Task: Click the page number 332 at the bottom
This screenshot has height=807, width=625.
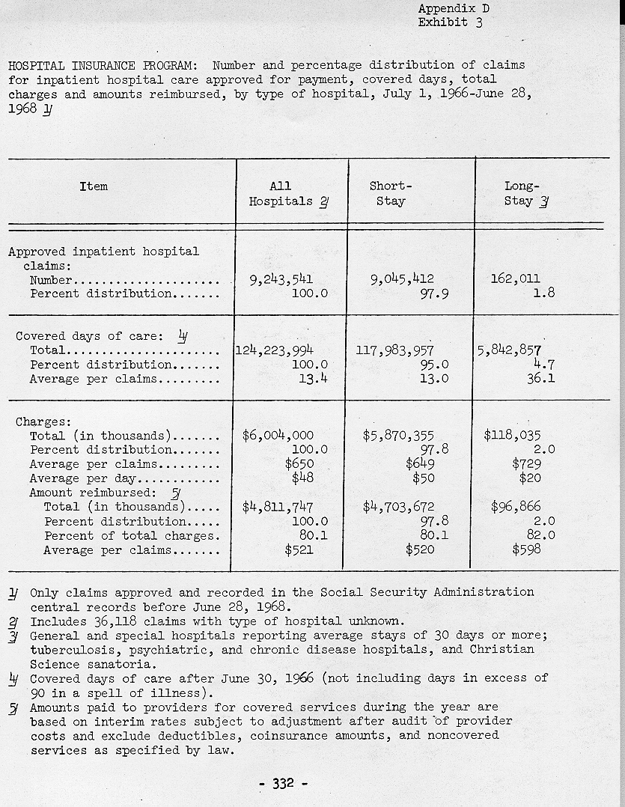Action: pyautogui.click(x=283, y=784)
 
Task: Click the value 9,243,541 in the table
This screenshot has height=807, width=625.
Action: pyautogui.click(x=281, y=279)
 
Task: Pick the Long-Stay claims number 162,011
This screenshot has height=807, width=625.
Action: pyautogui.click(x=515, y=279)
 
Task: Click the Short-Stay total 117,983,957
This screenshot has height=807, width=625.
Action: pyautogui.click(x=397, y=350)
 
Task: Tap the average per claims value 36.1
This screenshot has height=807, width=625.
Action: pyautogui.click(x=540, y=379)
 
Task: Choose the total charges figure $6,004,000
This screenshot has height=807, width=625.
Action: pyautogui.click(x=278, y=435)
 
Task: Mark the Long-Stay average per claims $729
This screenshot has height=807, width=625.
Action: pyautogui.click(x=526, y=463)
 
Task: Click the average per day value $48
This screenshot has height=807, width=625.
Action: pyautogui.click(x=302, y=478)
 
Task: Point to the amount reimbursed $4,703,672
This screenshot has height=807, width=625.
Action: pyautogui.click(x=398, y=507)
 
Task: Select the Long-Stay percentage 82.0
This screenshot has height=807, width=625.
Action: pyautogui.click(x=540, y=535)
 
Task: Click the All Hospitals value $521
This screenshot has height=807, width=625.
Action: pyautogui.click(x=299, y=549)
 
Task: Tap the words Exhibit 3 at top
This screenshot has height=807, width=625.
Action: pyautogui.click(x=450, y=22)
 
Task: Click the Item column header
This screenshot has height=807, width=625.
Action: pyautogui.click(x=94, y=186)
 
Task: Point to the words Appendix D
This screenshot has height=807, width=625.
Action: pyautogui.click(x=454, y=8)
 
